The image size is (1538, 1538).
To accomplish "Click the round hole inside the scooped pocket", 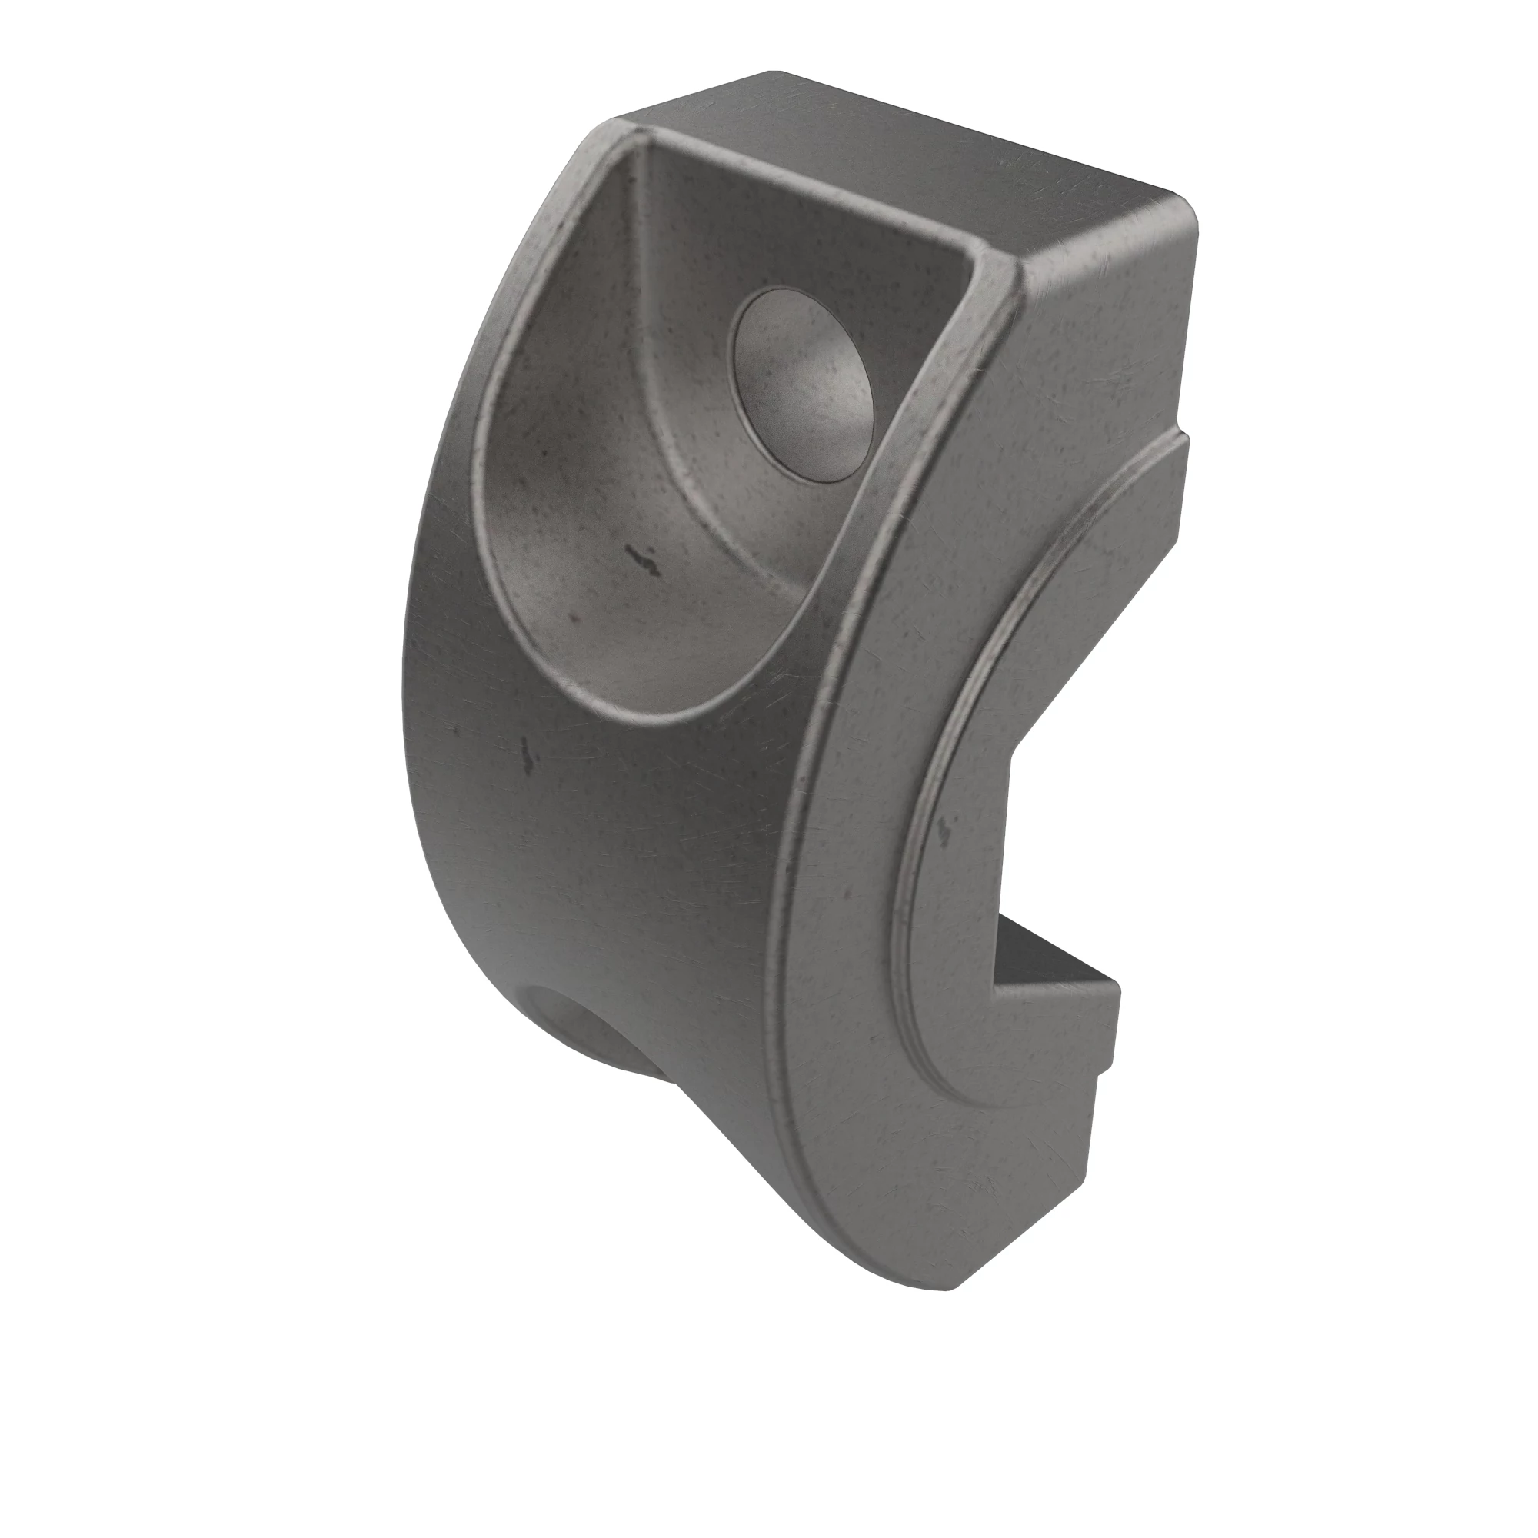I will (x=802, y=385).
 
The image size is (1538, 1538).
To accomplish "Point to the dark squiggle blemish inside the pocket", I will (x=642, y=560).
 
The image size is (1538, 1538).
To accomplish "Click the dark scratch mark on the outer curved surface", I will (x=526, y=752).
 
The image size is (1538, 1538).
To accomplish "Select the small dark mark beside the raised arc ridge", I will (x=945, y=831).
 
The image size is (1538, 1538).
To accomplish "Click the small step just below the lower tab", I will (x=1107, y=1070).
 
